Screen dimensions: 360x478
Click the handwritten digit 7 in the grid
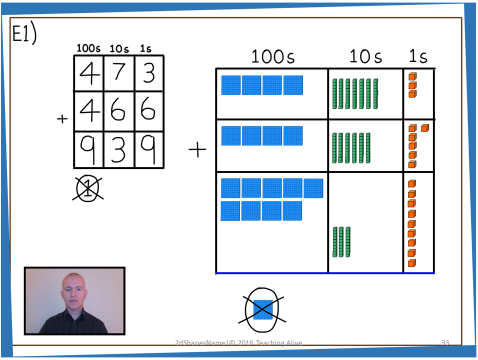coord(119,73)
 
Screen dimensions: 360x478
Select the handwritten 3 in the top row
coord(148,73)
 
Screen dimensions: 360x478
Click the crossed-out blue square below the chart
coord(263,309)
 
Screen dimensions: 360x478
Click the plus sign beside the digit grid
coord(62,119)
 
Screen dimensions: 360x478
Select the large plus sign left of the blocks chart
coord(197,149)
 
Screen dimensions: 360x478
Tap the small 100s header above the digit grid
coord(88,49)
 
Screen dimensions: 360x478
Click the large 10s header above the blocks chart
coord(365,56)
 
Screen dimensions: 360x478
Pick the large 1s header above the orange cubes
coord(418,56)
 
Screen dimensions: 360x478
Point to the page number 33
coord(445,343)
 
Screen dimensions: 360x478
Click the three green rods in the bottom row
coord(341,242)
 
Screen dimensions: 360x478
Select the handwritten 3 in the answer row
coord(118,149)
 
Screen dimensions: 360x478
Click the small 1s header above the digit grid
coord(145,49)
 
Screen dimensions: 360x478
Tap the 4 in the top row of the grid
coord(89,73)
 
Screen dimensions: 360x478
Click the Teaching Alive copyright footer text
coord(238,343)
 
